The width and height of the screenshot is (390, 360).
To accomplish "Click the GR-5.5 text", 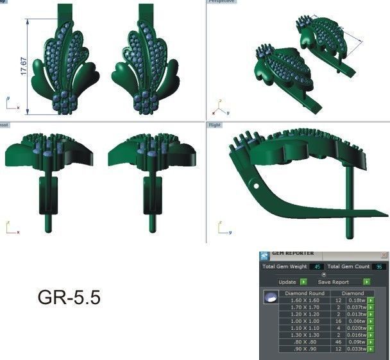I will tap(69, 298).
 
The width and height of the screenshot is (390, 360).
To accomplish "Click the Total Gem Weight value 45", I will tap(316, 266).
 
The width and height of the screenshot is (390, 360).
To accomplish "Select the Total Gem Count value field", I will tap(379, 266).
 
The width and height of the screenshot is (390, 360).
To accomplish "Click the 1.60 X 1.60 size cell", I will tap(305, 300).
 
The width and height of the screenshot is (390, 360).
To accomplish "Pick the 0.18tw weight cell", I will tap(357, 300).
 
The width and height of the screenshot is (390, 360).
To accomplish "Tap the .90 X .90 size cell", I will tap(305, 349).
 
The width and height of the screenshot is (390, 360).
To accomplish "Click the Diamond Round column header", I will tap(305, 293).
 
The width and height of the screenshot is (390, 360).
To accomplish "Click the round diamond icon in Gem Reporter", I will tap(271, 297).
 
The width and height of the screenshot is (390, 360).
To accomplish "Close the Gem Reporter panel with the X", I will tap(384, 255).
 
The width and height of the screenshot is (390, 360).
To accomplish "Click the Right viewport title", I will tap(215, 125).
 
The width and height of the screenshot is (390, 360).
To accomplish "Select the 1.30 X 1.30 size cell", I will tap(305, 335).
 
